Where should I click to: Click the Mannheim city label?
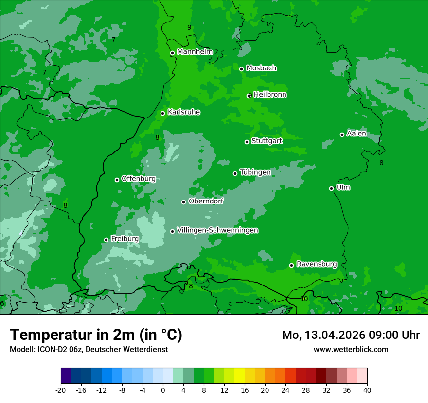pyautogui.click(x=195, y=52)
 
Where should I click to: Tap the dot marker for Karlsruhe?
pyautogui.click(x=163, y=113)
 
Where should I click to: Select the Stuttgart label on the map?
pyautogui.click(x=267, y=141)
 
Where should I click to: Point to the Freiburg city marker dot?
pyautogui.click(x=106, y=240)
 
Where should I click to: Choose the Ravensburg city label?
pyautogui.click(x=317, y=264)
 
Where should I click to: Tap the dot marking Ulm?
pyautogui.click(x=331, y=188)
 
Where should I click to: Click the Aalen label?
pyautogui.click(x=357, y=134)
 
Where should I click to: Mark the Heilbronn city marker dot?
pyautogui.click(x=249, y=96)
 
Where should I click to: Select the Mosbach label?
pyautogui.click(x=261, y=68)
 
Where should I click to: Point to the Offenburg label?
pyautogui.click(x=139, y=179)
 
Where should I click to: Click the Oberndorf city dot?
pyautogui.click(x=183, y=202)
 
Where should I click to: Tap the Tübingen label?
pyautogui.click(x=255, y=172)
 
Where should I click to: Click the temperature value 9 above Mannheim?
pyautogui.click(x=189, y=28)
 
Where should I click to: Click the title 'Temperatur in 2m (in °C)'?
pyautogui.click(x=96, y=335)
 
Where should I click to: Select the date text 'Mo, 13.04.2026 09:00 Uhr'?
pyautogui.click(x=351, y=335)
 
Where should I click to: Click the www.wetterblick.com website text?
pyautogui.click(x=351, y=349)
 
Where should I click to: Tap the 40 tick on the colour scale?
pyautogui.click(x=367, y=390)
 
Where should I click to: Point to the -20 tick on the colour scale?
pyautogui.click(x=61, y=390)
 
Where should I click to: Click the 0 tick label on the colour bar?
pyautogui.click(x=163, y=390)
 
